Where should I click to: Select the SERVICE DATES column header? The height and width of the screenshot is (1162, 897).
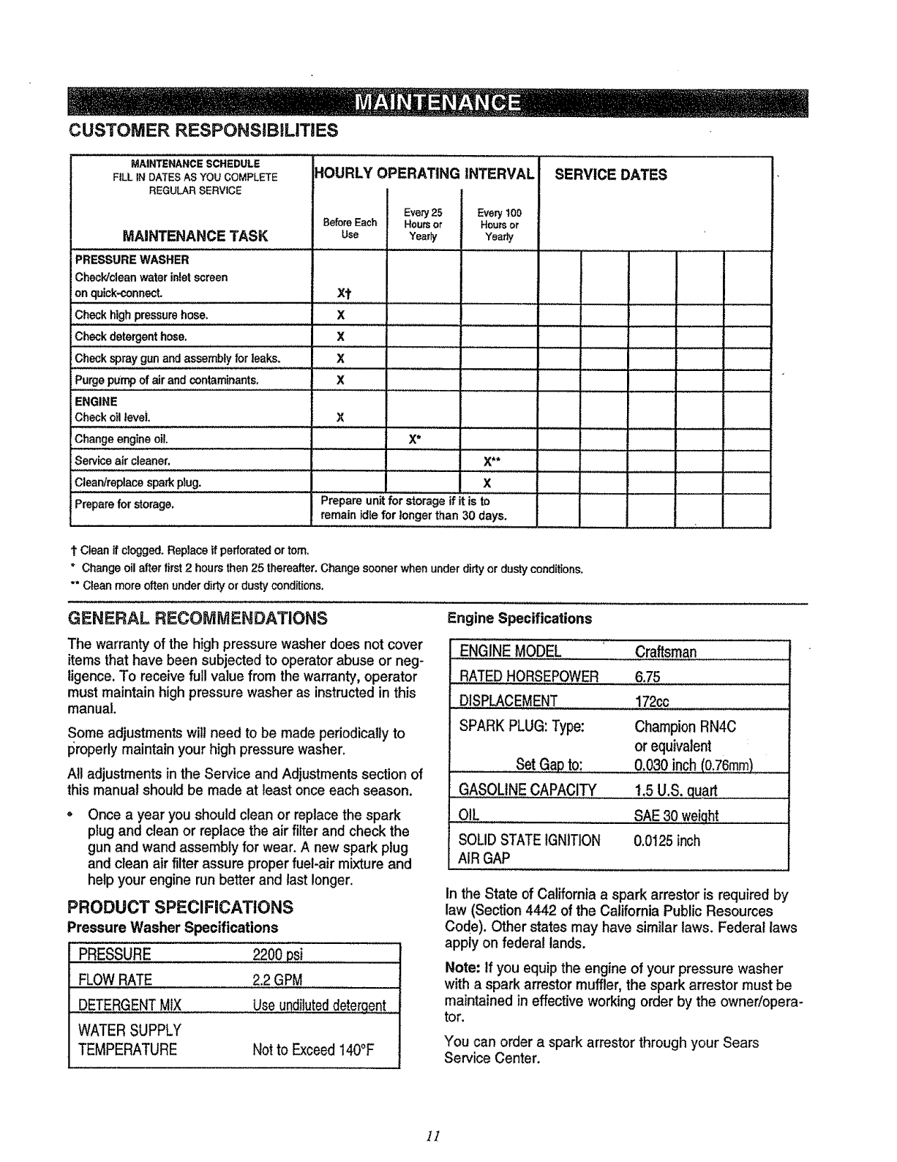pyautogui.click(x=611, y=175)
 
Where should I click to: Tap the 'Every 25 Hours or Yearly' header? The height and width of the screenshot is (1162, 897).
pyautogui.click(x=423, y=225)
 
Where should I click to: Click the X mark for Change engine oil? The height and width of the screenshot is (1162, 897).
pyautogui.click(x=413, y=440)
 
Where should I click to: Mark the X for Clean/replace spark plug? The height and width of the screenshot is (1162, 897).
pyautogui.click(x=487, y=483)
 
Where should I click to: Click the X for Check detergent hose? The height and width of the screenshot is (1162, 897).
pyautogui.click(x=340, y=337)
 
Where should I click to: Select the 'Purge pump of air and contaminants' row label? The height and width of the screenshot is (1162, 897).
pyautogui.click(x=168, y=381)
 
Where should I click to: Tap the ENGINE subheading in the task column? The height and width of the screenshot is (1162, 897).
pyautogui.click(x=96, y=402)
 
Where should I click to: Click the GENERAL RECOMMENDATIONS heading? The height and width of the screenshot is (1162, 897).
pyautogui.click(x=197, y=618)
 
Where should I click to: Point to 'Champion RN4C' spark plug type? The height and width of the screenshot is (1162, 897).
pyautogui.click(x=685, y=727)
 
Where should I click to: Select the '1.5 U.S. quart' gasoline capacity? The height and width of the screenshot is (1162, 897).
pyautogui.click(x=676, y=790)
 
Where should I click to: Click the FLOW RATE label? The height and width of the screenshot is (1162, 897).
pyautogui.click(x=115, y=980)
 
